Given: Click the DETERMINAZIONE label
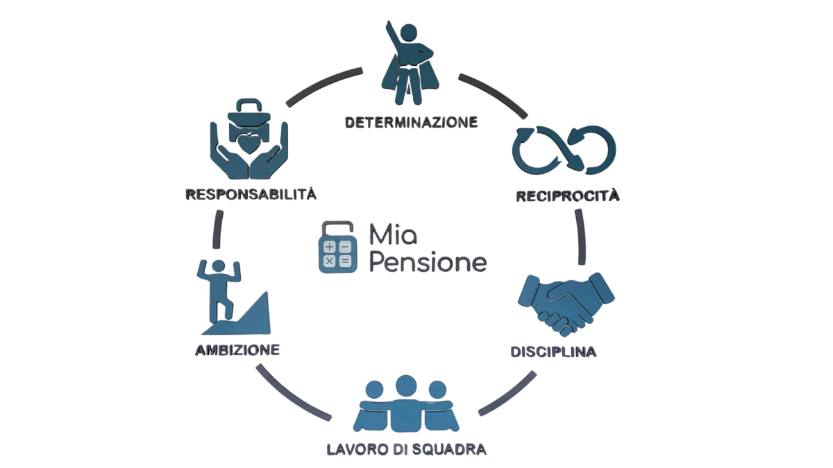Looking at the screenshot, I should [411, 122].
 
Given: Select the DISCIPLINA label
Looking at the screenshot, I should [554, 352].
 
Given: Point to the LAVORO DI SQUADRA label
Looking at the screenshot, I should [407, 449].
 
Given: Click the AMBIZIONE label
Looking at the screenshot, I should [237, 349].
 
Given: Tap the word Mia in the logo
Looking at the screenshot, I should [392, 234].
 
